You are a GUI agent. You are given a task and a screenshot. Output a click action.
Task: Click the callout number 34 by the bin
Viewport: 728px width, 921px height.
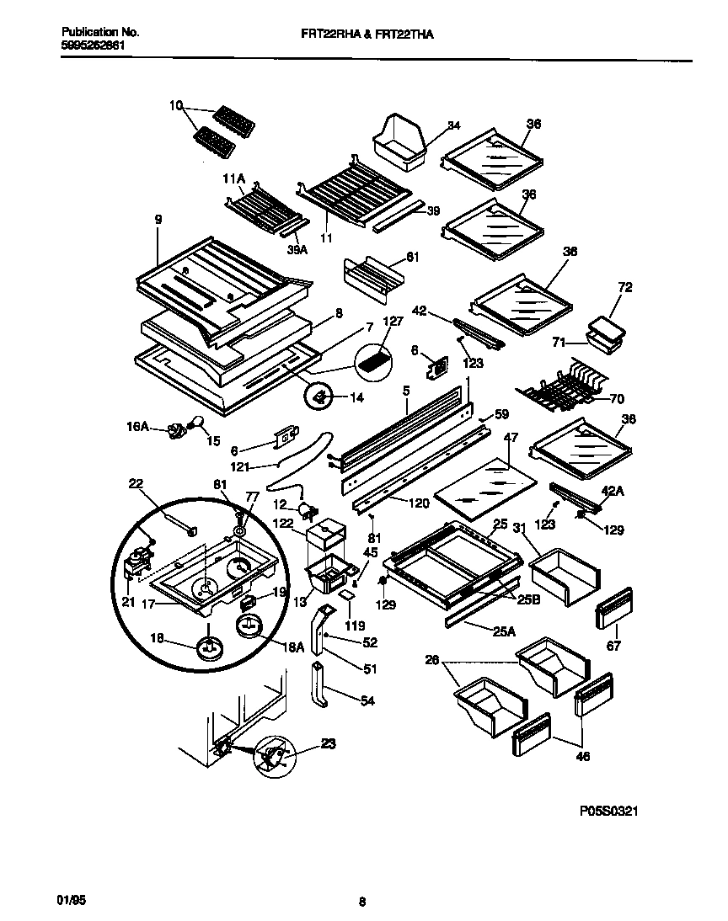pyautogui.click(x=454, y=125)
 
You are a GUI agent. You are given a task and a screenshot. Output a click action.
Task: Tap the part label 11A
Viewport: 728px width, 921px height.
pyautogui.click(x=233, y=179)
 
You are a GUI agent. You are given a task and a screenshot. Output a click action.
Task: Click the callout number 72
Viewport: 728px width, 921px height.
pyautogui.click(x=624, y=289)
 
